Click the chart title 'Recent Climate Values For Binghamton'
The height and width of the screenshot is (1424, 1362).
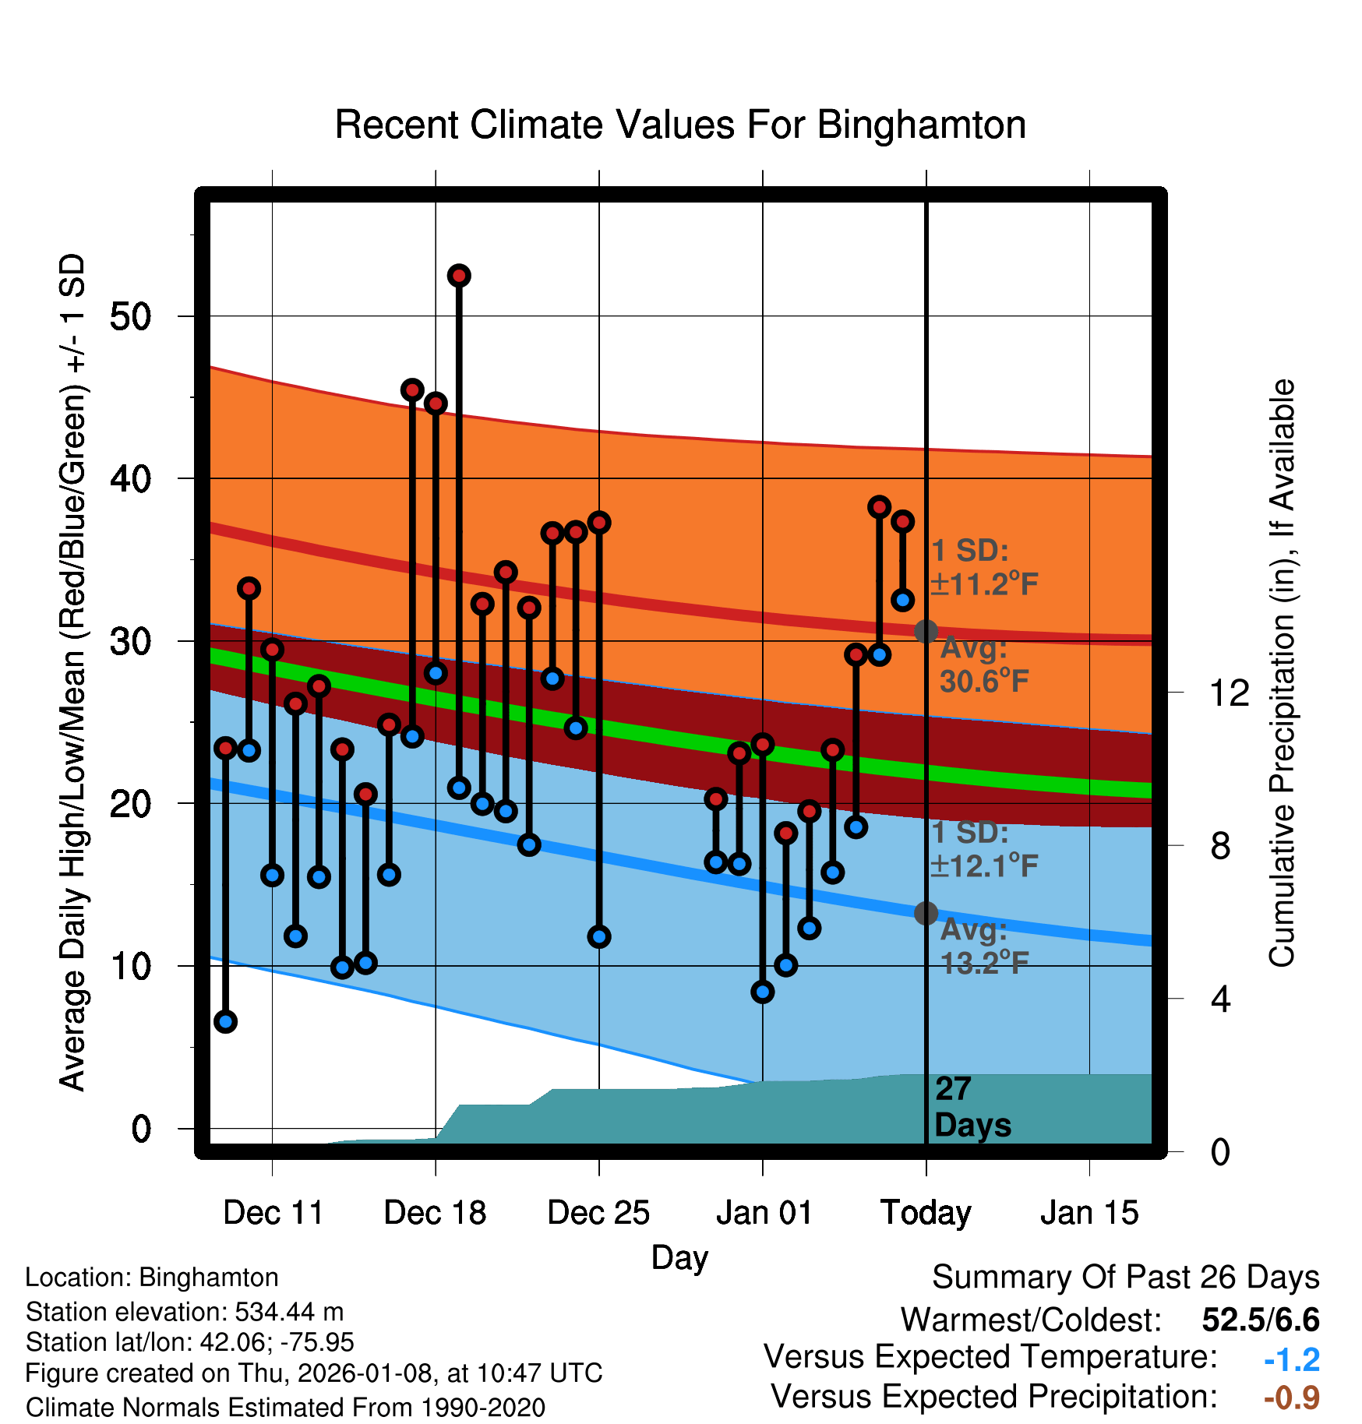pyautogui.click(x=680, y=125)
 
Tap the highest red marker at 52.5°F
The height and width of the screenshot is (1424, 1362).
pyautogui.click(x=459, y=276)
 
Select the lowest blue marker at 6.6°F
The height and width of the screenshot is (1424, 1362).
pyautogui.click(x=226, y=1021)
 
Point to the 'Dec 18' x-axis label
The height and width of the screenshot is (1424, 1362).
pyautogui.click(x=435, y=1213)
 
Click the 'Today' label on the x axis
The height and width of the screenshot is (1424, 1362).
pyautogui.click(x=926, y=1213)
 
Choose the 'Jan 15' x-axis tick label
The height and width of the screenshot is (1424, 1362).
pyautogui.click(x=1089, y=1213)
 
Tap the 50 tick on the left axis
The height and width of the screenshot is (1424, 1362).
pyautogui.click(x=130, y=316)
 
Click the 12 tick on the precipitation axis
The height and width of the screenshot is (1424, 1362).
pyautogui.click(x=1229, y=693)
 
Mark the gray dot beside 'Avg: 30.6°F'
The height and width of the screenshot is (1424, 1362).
pyautogui.click(x=926, y=631)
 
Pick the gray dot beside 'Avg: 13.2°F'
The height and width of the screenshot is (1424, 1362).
pyautogui.click(x=926, y=913)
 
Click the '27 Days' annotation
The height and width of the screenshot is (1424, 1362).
pyautogui.click(x=972, y=1107)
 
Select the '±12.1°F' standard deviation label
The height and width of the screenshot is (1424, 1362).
pyautogui.click(x=985, y=865)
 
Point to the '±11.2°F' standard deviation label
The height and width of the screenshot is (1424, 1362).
pyautogui.click(x=985, y=583)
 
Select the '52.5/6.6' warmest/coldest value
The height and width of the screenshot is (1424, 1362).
pyautogui.click(x=1260, y=1320)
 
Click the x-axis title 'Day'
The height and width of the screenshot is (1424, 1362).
pyautogui.click(x=679, y=1257)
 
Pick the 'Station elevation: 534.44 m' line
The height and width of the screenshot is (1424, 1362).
pyautogui.click(x=185, y=1312)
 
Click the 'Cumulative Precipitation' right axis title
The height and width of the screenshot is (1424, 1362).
pyautogui.click(x=1282, y=673)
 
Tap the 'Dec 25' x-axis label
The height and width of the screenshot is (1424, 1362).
pyautogui.click(x=598, y=1213)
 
